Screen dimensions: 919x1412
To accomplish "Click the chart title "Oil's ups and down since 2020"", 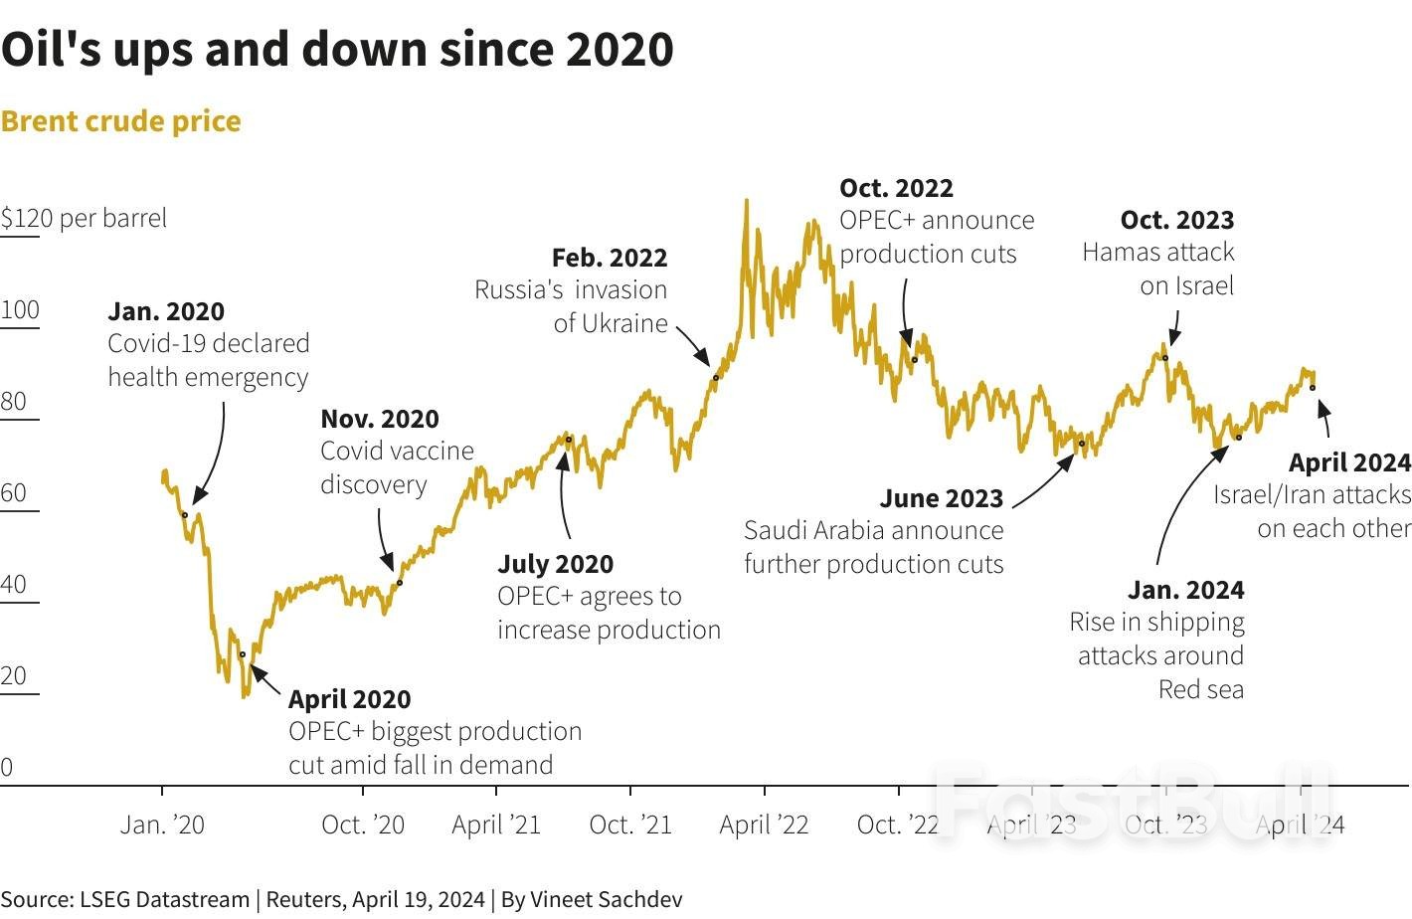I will tap(337, 49).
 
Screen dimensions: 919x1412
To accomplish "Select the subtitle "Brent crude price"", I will tap(120, 121).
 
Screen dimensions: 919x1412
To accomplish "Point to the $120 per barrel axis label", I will tap(84, 218).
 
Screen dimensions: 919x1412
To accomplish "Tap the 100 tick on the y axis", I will tap(20, 309).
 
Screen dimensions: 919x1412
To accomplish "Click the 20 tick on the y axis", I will tap(14, 675).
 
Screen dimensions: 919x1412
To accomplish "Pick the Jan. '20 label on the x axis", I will tap(162, 825).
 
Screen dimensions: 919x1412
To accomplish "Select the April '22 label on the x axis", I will tap(764, 825).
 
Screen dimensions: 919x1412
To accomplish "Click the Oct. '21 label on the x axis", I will tap(630, 825).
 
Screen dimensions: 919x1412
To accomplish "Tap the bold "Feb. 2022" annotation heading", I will tap(609, 258).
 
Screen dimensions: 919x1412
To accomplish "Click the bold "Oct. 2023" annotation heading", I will tap(1176, 220).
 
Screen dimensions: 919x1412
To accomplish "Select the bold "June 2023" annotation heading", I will tap(941, 498).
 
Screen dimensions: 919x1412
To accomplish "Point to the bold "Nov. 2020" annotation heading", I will tap(379, 419).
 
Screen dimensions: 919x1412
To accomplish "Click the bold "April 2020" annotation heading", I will tap(349, 699).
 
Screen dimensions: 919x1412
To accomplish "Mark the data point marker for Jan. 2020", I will tap(184, 514).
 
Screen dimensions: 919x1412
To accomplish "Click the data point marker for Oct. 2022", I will tap(915, 359).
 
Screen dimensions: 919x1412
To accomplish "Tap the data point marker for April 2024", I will tap(1313, 387).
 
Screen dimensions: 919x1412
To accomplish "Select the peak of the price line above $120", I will tap(746, 202).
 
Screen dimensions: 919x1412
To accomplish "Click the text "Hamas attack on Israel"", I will tap(1158, 269).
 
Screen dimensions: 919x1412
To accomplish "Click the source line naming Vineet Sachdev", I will tap(341, 899).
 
